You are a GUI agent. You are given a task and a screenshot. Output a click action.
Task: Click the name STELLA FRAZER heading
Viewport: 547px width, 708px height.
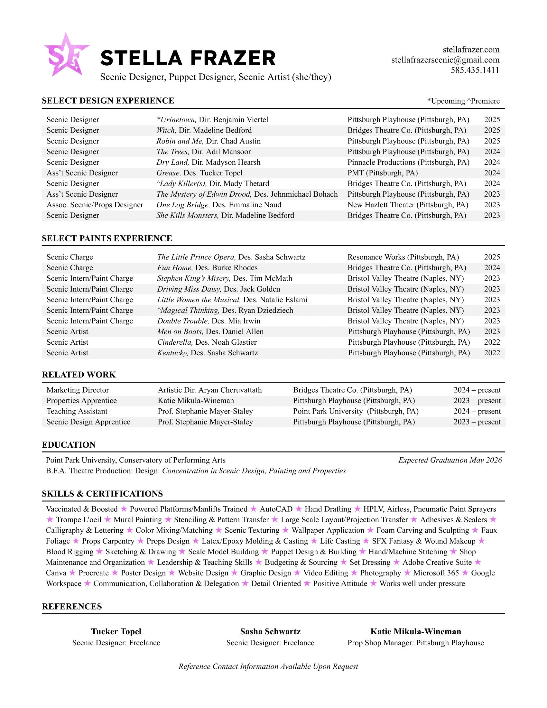pos(188,58)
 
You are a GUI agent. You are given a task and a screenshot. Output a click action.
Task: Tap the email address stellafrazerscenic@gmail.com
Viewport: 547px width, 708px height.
pos(445,60)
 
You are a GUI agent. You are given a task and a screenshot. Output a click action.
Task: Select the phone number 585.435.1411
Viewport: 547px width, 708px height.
pos(475,70)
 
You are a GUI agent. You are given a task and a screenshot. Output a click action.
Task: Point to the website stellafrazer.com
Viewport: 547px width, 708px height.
pos(471,50)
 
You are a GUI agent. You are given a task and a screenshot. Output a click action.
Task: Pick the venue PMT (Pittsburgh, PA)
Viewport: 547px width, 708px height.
pos(382,173)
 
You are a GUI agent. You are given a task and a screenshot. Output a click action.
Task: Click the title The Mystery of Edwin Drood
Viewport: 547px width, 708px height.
pos(203,194)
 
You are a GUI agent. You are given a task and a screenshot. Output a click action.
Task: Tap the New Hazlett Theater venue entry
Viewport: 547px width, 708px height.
pos(408,205)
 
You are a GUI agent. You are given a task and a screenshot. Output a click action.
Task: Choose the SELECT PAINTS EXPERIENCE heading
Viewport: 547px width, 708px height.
pos(107,238)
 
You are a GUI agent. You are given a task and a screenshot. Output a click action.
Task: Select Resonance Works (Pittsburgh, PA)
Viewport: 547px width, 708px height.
pos(403,257)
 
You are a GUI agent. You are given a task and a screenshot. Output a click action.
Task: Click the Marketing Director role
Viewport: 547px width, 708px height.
pos(78,390)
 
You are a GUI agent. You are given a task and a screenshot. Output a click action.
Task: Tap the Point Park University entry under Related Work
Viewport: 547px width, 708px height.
pos(356,411)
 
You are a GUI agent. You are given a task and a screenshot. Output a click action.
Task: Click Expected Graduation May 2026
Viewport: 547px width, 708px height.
pos(450,460)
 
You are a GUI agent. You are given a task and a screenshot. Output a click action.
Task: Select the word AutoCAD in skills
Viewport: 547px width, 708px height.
pos(276,509)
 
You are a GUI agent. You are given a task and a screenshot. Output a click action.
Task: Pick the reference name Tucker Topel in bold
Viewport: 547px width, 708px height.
pos(116,631)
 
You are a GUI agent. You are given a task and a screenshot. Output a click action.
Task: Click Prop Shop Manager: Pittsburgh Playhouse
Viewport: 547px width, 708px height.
pos(415,643)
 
